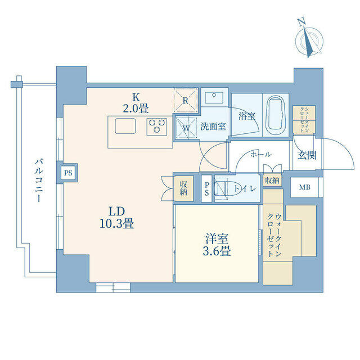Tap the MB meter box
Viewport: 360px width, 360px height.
click(x=304, y=187)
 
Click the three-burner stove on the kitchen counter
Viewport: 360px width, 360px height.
click(x=157, y=127)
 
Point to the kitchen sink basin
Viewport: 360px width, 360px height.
click(x=125, y=126)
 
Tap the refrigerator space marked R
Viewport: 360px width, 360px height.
click(x=186, y=100)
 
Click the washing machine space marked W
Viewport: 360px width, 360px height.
click(x=186, y=128)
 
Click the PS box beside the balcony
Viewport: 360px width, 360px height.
click(x=68, y=173)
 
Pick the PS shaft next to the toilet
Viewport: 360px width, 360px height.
click(x=206, y=189)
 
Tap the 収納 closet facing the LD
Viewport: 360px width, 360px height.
click(x=183, y=188)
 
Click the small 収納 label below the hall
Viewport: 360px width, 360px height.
click(x=272, y=181)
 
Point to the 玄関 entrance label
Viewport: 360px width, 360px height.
click(x=307, y=155)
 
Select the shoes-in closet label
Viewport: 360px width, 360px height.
click(x=304, y=120)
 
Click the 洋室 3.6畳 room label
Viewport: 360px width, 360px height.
click(x=217, y=245)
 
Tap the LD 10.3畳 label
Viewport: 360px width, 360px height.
click(x=117, y=217)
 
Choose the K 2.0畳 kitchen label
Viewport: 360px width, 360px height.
click(x=136, y=103)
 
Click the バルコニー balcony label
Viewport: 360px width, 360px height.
click(x=39, y=181)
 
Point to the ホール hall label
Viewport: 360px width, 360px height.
click(x=260, y=155)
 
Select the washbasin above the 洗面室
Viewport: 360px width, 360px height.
click(x=214, y=97)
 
